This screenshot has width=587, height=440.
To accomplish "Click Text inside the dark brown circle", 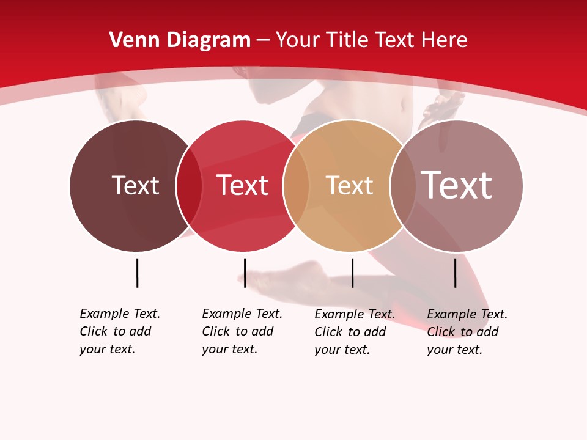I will tap(135, 185).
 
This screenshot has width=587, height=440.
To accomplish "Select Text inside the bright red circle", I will tap(243, 185).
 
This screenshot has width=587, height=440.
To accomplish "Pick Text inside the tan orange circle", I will tap(349, 185).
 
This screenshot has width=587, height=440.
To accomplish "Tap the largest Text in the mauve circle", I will tap(456, 185).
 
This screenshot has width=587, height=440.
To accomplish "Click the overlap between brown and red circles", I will tap(189, 186).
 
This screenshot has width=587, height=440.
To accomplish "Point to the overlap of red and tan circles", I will tap(296, 186).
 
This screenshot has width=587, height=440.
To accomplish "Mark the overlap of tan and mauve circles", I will tap(402, 186).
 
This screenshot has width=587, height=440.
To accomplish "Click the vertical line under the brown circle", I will tap(137, 273).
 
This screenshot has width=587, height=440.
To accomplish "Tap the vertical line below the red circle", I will tap(245, 273).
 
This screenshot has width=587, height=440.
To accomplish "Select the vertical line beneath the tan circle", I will tap(352, 273).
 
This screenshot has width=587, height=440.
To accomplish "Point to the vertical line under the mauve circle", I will tap(456, 273).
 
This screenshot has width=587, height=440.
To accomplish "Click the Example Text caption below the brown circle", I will tap(120, 331).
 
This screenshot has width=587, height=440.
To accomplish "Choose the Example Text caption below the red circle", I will tap(242, 331).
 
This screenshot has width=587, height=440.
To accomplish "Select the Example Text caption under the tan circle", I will tap(355, 332).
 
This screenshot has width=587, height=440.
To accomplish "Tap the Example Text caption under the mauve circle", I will tap(467, 332).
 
